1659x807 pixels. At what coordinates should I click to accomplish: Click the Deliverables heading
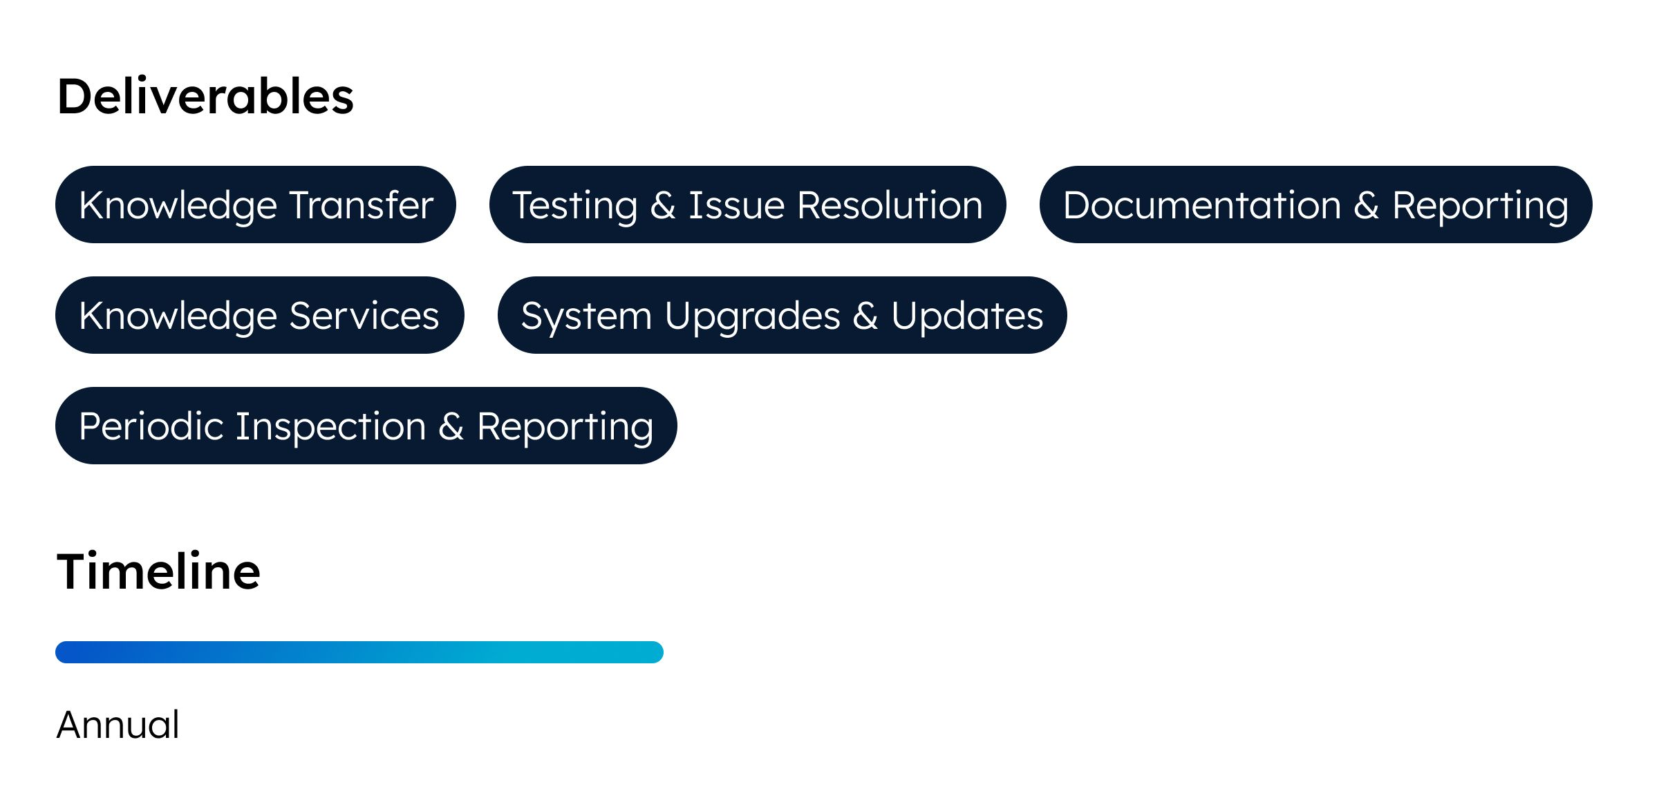(205, 96)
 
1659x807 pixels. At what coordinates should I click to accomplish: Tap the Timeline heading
(158, 571)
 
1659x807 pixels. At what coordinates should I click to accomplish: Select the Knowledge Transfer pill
(256, 205)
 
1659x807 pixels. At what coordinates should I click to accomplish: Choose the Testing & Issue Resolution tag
(748, 205)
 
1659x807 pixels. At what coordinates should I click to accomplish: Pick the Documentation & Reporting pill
(1316, 205)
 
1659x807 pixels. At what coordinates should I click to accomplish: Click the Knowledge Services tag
(260, 315)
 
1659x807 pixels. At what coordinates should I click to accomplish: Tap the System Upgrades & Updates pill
(782, 315)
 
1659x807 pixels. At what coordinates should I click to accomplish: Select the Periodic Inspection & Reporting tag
(366, 426)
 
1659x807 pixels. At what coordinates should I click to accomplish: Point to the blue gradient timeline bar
(359, 652)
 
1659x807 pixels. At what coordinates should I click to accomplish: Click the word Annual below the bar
(118, 725)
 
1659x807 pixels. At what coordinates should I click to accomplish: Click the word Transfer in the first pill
(362, 205)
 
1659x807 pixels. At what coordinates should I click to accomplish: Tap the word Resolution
(890, 205)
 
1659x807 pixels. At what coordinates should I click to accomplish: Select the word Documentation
(1202, 205)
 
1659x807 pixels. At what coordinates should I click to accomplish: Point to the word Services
(364, 316)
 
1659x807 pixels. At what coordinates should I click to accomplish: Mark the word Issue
(737, 205)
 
